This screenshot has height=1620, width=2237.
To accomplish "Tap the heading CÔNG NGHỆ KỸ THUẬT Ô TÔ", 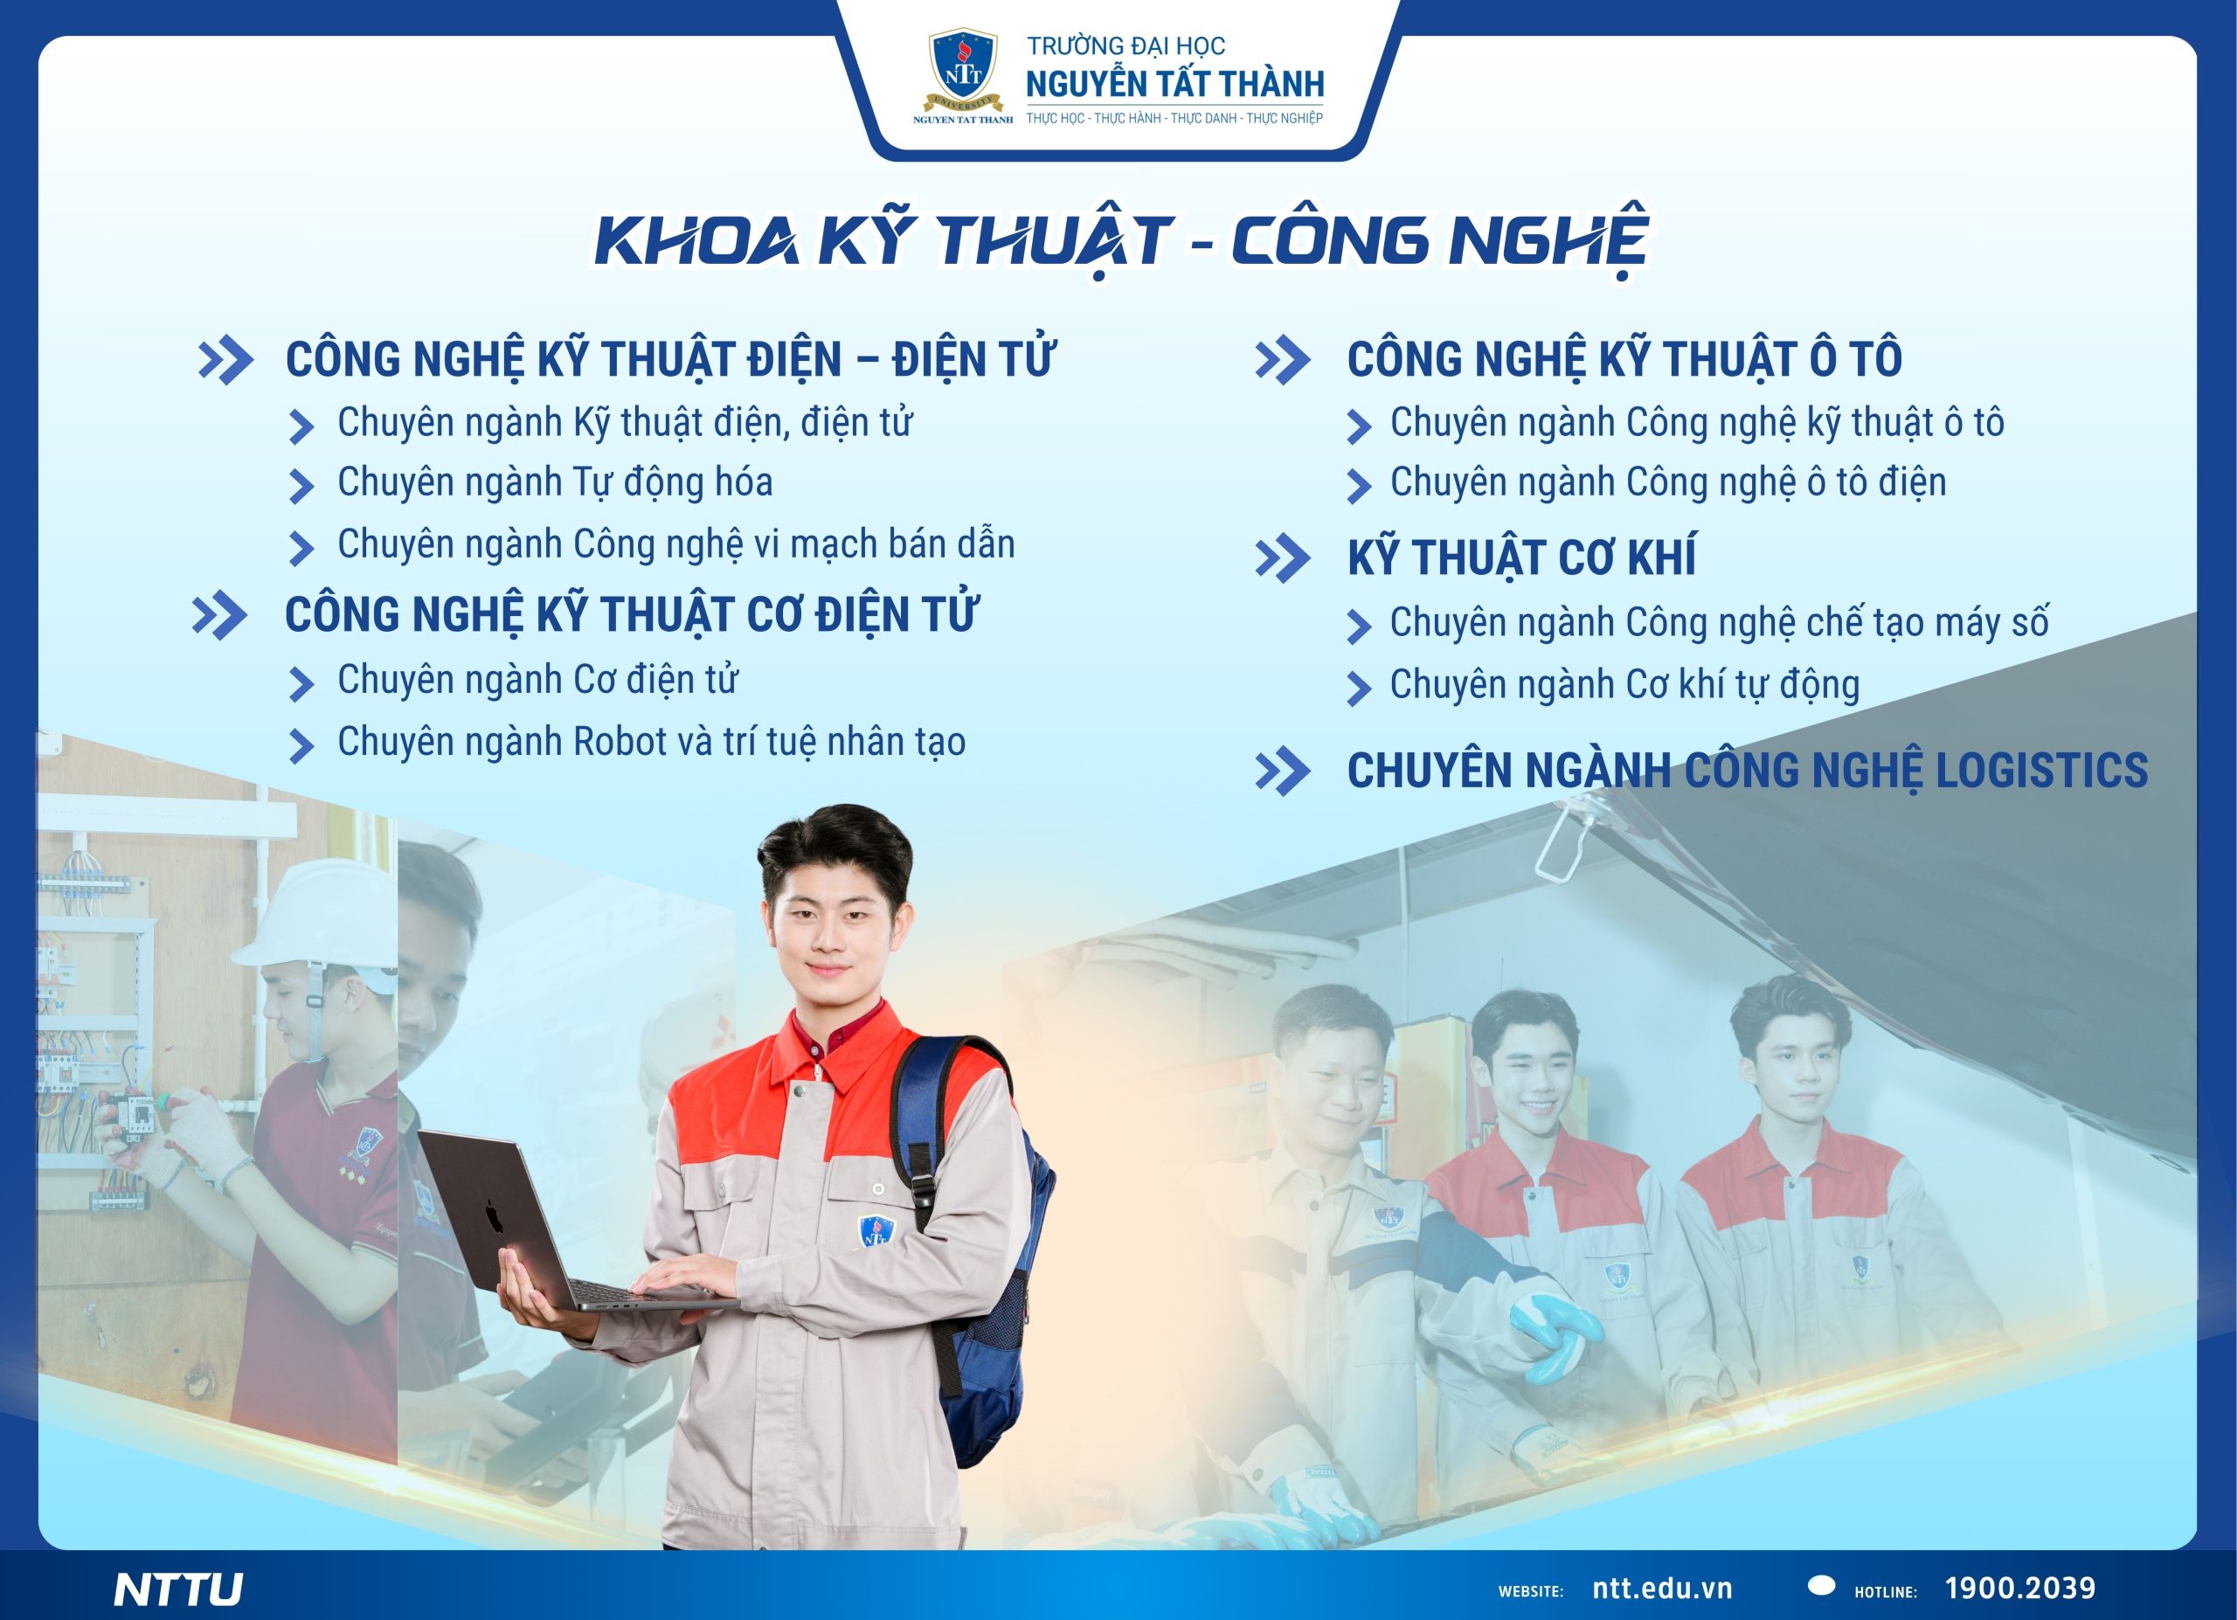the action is point(1624,359).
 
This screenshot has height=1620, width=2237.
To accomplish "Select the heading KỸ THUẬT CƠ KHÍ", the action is point(1522,558).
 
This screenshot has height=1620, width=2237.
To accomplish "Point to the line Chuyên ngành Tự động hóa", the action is point(555,483).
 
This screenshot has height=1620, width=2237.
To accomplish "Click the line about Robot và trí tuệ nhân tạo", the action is point(652,743).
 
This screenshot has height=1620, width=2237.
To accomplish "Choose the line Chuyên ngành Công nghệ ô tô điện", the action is point(1668,483).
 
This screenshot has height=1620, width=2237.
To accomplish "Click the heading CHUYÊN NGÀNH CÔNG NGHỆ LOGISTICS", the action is point(1748,770).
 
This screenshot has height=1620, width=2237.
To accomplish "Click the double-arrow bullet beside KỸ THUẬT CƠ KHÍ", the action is point(1282,559).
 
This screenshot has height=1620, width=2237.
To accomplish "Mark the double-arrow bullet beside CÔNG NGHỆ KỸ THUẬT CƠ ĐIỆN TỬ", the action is point(219,616).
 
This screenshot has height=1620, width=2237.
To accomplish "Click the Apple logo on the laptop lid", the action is point(493,1216).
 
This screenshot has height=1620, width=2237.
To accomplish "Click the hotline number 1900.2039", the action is point(2020,1588).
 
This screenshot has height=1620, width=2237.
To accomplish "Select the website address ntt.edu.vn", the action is point(1662,1589).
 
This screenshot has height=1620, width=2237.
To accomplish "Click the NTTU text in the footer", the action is point(178,1589).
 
